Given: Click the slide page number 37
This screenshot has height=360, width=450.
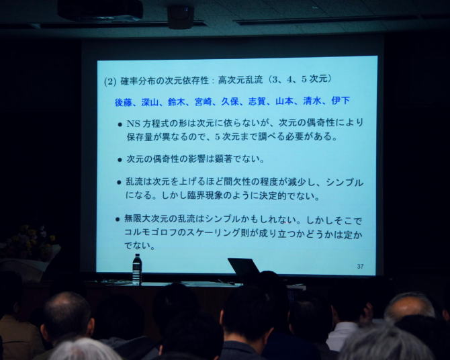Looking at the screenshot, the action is [360, 267].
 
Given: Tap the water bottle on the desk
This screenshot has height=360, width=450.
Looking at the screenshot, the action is [137, 269].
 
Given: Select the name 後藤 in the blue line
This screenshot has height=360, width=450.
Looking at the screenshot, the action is [124, 102].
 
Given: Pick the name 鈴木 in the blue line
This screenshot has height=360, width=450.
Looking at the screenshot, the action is [177, 102].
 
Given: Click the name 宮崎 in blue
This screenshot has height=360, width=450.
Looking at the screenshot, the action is [204, 101].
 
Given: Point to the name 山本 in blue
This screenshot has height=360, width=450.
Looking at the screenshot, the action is [284, 101].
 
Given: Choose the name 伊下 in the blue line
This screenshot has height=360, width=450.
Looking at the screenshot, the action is [341, 101].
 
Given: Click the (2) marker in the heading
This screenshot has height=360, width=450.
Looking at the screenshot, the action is [110, 82].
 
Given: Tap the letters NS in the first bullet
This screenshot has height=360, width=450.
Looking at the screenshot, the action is [133, 124].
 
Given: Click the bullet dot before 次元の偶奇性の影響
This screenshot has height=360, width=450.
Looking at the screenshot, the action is [120, 160].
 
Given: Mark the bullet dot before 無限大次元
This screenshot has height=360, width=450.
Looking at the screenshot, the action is [118, 220].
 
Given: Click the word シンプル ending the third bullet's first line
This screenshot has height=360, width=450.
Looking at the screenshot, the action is [345, 182].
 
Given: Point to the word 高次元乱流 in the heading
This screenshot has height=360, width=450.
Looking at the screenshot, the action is [240, 80].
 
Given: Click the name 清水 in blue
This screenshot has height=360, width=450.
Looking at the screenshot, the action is [312, 101].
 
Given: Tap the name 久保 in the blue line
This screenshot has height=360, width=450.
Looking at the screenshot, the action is [230, 101].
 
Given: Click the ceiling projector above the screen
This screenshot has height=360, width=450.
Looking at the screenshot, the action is [100, 10].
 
